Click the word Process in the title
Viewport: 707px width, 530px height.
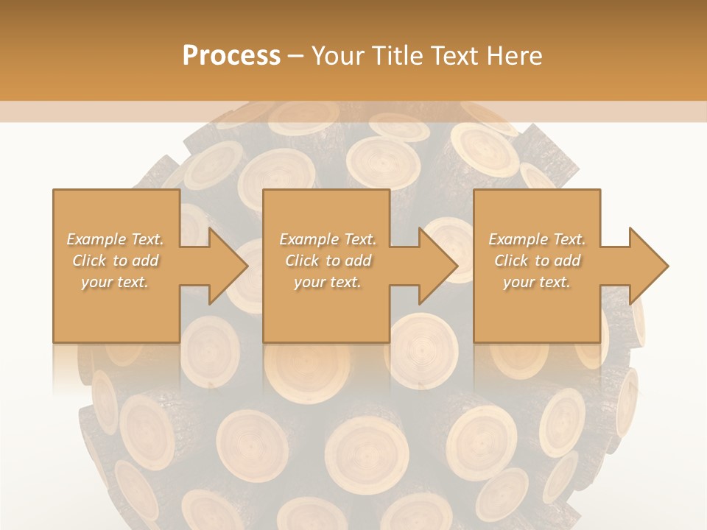(231, 56)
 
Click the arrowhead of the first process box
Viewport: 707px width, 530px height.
(227, 266)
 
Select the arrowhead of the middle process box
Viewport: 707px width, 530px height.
(437, 266)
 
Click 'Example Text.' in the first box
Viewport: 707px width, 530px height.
(116, 239)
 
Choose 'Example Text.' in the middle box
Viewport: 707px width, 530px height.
(328, 239)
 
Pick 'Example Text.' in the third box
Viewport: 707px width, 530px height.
(537, 239)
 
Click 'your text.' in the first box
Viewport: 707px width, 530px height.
(115, 282)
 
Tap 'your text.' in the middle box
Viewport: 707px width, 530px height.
(327, 282)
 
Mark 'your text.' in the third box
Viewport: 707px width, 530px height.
(537, 282)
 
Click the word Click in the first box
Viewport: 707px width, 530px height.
(89, 261)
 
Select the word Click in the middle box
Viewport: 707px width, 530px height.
(302, 261)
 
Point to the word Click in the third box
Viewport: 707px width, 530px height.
(511, 261)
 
